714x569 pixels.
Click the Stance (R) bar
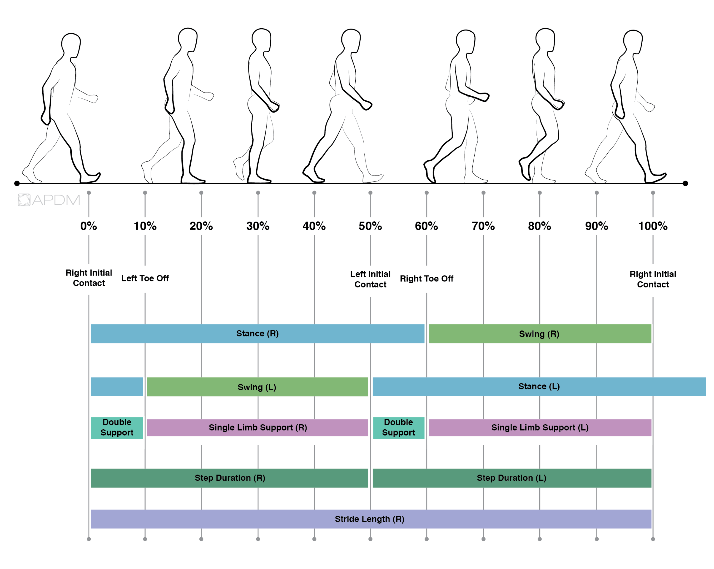257,334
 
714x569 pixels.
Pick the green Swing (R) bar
540,334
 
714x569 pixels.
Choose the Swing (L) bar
257,387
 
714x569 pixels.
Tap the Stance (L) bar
539,387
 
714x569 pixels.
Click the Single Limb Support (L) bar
540,428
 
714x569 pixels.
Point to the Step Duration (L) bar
512,478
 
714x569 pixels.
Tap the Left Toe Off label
145,278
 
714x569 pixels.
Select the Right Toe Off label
426,279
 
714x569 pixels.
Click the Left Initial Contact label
370,279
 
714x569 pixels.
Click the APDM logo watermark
49,200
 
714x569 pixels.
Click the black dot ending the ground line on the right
685,183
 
